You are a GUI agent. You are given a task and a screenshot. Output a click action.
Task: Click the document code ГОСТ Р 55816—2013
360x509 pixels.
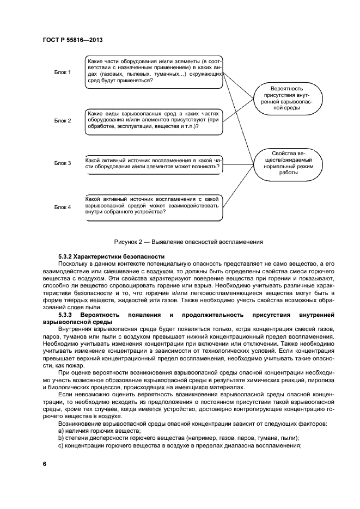click(x=72, y=40)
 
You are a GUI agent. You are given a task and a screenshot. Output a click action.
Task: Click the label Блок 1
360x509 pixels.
click(x=63, y=72)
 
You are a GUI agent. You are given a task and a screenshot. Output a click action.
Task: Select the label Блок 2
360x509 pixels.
click(x=63, y=121)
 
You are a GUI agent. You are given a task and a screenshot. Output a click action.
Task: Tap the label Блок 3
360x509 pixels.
click(x=63, y=163)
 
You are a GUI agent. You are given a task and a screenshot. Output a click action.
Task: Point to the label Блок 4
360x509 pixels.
click(x=63, y=207)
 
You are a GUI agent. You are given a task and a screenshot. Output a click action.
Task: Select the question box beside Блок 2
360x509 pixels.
click(x=154, y=121)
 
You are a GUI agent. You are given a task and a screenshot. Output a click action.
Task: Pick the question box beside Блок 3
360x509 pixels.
click(x=154, y=163)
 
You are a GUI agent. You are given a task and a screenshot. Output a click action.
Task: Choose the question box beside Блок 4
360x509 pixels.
click(x=154, y=207)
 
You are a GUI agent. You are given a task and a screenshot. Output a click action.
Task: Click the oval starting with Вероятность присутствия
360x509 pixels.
click(x=286, y=98)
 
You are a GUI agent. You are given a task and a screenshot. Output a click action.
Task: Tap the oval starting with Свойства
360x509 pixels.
click(x=286, y=162)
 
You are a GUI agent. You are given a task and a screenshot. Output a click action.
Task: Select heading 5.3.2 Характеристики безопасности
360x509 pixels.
click(x=111, y=256)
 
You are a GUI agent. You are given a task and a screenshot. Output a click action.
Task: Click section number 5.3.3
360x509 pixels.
click(x=66, y=315)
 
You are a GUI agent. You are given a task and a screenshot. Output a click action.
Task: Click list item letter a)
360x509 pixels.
click(x=61, y=431)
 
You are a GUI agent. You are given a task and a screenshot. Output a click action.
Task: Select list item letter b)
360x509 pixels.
click(x=61, y=438)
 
